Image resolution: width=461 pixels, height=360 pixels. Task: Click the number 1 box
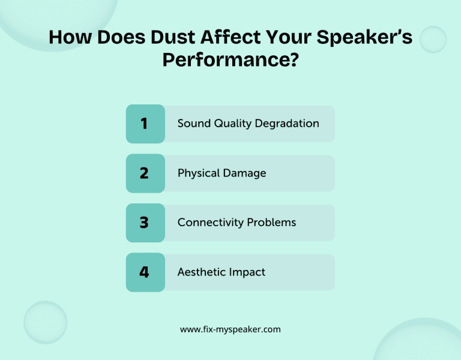point(145,124)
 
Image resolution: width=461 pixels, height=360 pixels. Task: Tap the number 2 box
point(145,173)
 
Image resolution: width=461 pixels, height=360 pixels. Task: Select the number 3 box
point(145,223)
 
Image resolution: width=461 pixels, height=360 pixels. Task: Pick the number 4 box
point(145,272)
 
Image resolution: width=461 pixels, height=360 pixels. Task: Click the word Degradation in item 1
point(287,124)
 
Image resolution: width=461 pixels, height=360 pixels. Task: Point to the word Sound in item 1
point(193,124)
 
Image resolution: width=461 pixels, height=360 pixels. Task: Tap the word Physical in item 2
point(198,173)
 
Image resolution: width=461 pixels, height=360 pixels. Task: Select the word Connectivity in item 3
point(209,223)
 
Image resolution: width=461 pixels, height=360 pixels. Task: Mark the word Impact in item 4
point(247,272)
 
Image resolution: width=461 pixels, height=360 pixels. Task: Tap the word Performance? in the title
point(230,60)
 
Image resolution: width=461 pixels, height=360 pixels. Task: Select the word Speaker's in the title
point(367,37)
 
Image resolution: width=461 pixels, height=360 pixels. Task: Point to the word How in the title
point(68,37)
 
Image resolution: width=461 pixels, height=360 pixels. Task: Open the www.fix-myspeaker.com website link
point(230,329)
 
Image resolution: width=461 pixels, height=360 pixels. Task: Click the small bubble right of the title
point(433,40)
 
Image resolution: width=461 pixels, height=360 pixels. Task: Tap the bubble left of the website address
point(46,322)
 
